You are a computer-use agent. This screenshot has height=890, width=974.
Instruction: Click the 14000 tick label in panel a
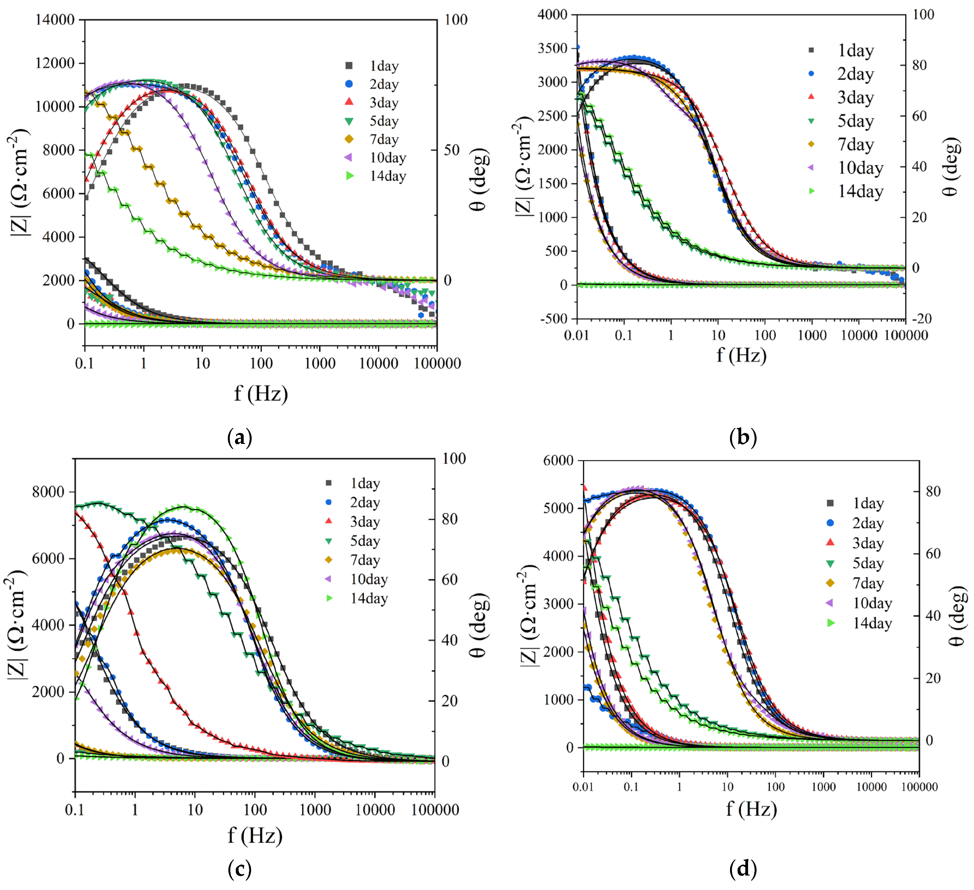click(55, 20)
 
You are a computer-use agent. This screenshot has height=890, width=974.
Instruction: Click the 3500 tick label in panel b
click(552, 48)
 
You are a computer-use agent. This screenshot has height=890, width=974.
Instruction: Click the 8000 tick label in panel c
click(48, 492)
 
